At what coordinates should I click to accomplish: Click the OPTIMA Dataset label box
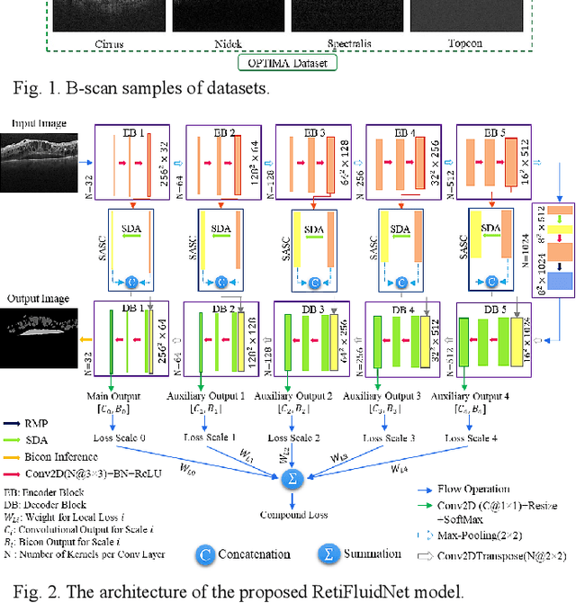tap(287, 63)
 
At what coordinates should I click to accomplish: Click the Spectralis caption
tap(347, 42)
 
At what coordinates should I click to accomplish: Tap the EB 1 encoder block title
tap(132, 131)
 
